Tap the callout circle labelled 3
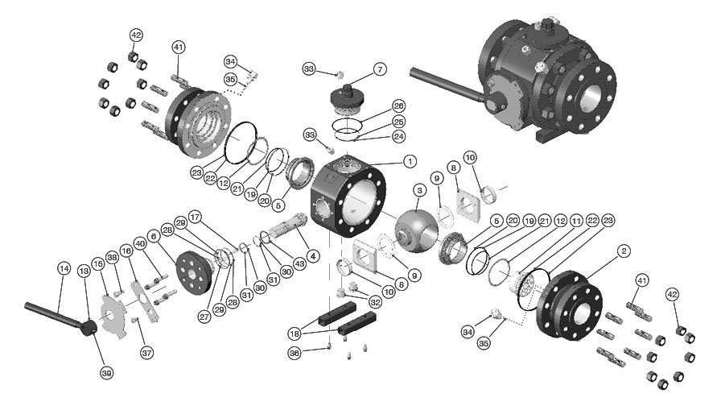coord(419,191)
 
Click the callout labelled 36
coord(295,352)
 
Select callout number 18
coord(295,333)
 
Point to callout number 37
coord(146,352)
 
